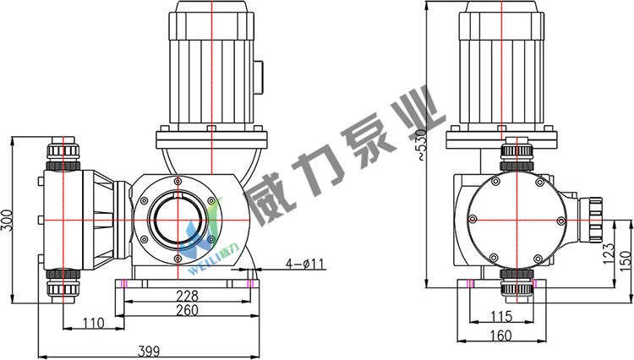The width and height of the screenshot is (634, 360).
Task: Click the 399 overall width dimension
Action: point(149,351)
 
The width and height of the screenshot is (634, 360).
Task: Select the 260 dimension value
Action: point(188,310)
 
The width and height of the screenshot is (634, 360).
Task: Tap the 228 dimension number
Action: point(188,296)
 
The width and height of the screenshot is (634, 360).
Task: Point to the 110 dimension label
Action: point(93,323)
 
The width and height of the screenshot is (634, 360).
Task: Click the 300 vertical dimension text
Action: point(7,221)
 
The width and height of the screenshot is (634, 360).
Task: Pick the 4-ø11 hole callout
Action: point(305,265)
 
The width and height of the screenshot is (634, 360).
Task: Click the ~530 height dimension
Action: point(421,145)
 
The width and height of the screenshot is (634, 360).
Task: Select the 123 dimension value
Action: point(609,254)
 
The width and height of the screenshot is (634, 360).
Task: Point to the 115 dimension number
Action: point(501,316)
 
